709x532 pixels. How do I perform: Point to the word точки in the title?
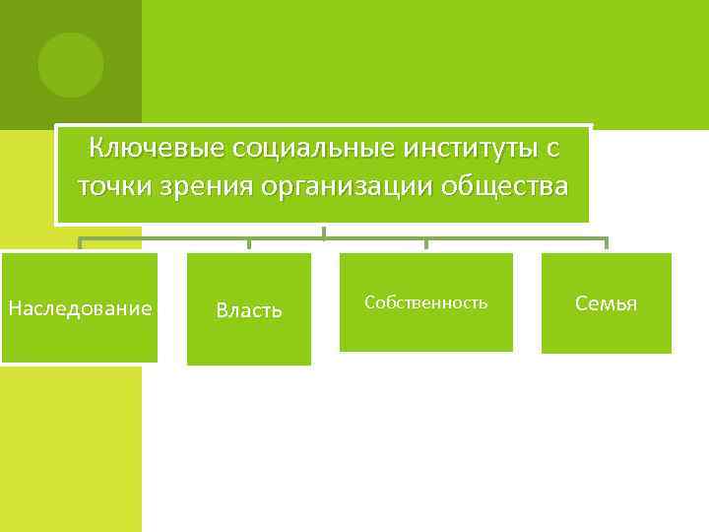pyautogui.click(x=113, y=185)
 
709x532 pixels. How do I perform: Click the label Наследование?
pyautogui.click(x=80, y=308)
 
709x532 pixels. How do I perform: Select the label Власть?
pyautogui.click(x=249, y=310)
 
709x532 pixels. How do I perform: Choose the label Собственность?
pyautogui.click(x=425, y=302)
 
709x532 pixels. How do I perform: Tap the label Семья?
pyautogui.click(x=606, y=303)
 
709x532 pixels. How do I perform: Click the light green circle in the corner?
pyautogui.click(x=71, y=65)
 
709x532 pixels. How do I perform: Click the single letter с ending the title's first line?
pyautogui.click(x=552, y=149)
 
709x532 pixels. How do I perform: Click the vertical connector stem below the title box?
pyautogui.click(x=323, y=232)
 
